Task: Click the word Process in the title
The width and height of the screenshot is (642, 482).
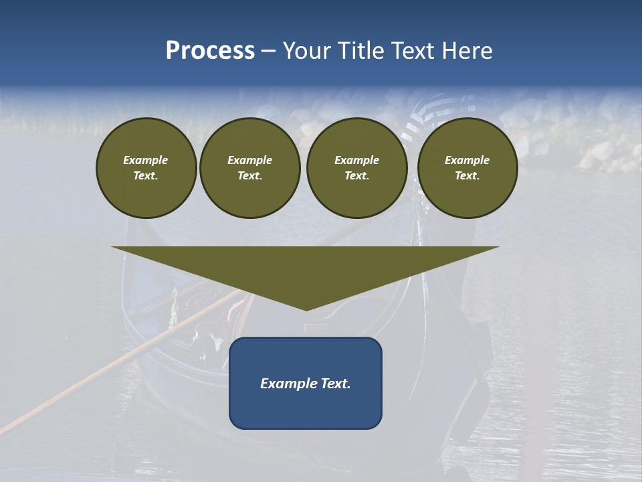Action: pyautogui.click(x=210, y=51)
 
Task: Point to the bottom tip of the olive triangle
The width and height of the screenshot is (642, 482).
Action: pyautogui.click(x=306, y=309)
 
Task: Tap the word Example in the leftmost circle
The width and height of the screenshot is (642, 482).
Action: pyautogui.click(x=146, y=160)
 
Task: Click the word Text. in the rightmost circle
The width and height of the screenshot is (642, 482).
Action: pyautogui.click(x=467, y=175)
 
